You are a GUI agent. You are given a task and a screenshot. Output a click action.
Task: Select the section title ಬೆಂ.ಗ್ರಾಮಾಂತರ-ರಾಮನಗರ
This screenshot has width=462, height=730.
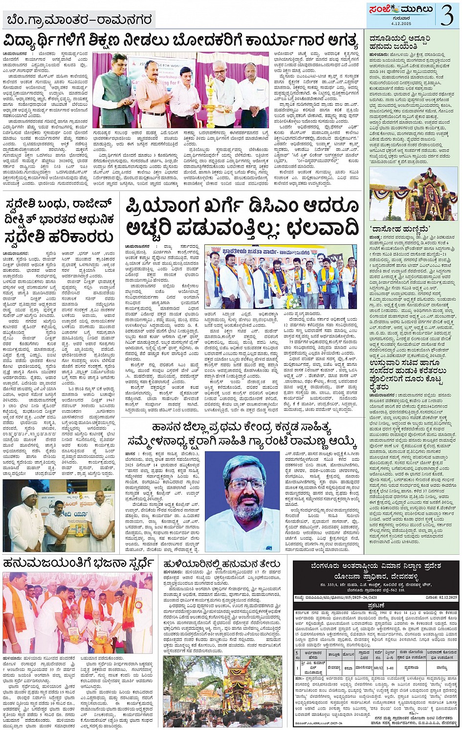click(78, 20)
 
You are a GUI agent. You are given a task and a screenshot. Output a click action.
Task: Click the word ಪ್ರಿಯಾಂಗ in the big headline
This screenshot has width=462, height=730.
click(172, 208)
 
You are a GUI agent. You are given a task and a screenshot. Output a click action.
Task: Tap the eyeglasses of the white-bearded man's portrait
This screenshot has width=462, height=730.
click(241, 485)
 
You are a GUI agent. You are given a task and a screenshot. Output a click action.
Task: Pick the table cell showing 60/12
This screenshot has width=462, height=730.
click(379, 666)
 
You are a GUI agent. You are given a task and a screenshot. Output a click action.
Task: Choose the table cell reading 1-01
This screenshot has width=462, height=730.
click(390, 666)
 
